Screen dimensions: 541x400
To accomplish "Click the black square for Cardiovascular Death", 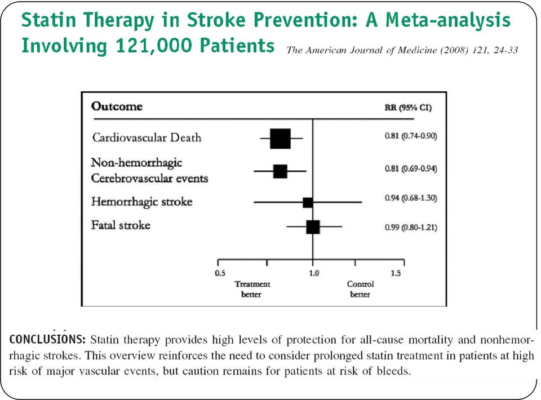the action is pyautogui.click(x=280, y=139).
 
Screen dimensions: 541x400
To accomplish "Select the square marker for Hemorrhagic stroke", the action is pyautogui.click(x=308, y=202).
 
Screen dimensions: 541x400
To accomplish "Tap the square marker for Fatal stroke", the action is pyautogui.click(x=313, y=227).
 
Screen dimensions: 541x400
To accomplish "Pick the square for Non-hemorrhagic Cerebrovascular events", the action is pyautogui.click(x=280, y=171).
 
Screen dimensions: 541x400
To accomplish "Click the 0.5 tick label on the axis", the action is pyautogui.click(x=220, y=273).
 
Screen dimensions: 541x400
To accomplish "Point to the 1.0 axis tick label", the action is pyautogui.click(x=314, y=273).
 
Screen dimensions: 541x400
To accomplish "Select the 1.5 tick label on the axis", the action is pyautogui.click(x=396, y=273).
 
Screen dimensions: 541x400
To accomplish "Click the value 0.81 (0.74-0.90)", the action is pyautogui.click(x=411, y=136).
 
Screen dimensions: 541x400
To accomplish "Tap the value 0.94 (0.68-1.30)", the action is pyautogui.click(x=411, y=198).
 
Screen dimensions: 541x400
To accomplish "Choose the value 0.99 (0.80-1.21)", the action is pyautogui.click(x=411, y=228).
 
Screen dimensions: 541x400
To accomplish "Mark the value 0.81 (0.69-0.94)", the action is pyautogui.click(x=411, y=168).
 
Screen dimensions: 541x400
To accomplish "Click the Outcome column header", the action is pyautogui.click(x=117, y=106).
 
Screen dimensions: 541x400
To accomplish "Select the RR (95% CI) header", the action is pyautogui.click(x=408, y=108).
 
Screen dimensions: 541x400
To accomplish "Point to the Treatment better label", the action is pyautogui.click(x=252, y=289).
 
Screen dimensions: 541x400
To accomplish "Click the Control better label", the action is pyautogui.click(x=360, y=289).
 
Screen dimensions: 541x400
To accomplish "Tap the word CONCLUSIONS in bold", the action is pyautogui.click(x=47, y=339).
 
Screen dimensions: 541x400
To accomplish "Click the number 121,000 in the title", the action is pyautogui.click(x=154, y=46).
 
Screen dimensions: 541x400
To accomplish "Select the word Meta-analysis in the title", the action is pyautogui.click(x=448, y=20).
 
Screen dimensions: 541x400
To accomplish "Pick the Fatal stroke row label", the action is pyautogui.click(x=121, y=225).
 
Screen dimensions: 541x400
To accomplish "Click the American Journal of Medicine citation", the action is pyautogui.click(x=402, y=50).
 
